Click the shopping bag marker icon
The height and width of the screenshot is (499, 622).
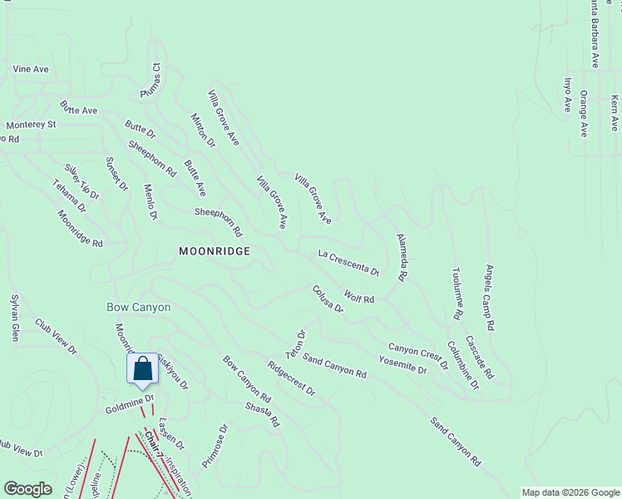click(142, 368)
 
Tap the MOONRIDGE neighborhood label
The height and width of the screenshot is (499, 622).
click(215, 250)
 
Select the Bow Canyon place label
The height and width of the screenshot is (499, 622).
click(139, 307)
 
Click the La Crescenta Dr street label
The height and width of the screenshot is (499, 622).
click(348, 262)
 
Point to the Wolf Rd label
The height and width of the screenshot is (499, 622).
click(359, 298)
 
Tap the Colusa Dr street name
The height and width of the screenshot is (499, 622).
click(328, 299)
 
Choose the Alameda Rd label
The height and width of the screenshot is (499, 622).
click(402, 255)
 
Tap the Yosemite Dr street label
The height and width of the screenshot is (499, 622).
click(402, 364)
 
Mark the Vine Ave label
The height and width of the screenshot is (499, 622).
click(30, 69)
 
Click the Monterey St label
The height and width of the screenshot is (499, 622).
click(31, 124)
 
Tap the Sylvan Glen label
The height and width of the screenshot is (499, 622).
click(14, 318)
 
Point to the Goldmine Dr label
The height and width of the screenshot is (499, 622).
click(131, 404)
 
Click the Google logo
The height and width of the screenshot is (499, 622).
click(28, 489)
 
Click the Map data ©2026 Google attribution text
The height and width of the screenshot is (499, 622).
click(570, 492)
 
